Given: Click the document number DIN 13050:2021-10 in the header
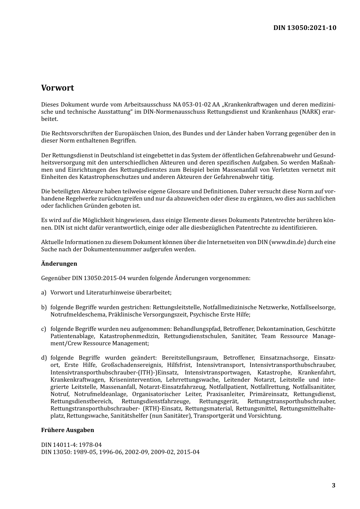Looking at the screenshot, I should coord(305,28).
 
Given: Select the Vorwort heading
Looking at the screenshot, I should coord(58,88).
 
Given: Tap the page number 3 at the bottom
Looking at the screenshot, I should coord(333,486).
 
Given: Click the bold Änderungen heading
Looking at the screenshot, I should coord(59,264).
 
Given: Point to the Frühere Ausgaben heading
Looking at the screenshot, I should coord(67,430).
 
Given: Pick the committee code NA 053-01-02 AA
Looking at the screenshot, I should coord(196,104).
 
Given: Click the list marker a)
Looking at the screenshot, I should coord(44,293).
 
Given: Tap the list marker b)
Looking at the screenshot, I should coord(44,307).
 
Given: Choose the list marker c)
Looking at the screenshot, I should coord(44,329).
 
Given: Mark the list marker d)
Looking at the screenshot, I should coord(44,358).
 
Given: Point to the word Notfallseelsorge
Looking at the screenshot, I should coord(313,307).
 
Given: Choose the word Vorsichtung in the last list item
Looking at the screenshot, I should coord(264,416).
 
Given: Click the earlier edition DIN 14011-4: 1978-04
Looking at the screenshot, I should coord(71,445).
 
